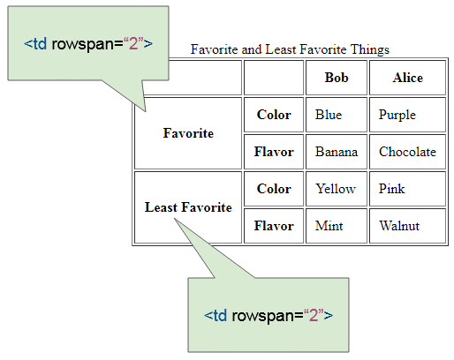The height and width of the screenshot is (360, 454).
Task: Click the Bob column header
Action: [x=337, y=78]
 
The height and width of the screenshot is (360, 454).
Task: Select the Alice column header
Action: [x=408, y=78]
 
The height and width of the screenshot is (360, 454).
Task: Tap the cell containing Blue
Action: [x=337, y=115]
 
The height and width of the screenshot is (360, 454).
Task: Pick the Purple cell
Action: [x=408, y=115]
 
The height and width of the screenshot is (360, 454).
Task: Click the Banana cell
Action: [x=337, y=152]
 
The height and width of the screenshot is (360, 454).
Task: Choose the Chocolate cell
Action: [x=408, y=152]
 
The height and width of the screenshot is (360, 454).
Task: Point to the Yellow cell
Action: [x=337, y=189]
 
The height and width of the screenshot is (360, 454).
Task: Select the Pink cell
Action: [x=408, y=189]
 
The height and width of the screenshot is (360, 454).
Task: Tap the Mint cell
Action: [x=337, y=226]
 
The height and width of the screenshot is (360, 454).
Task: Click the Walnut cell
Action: [x=408, y=226]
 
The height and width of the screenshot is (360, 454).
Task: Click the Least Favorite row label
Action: [x=188, y=207]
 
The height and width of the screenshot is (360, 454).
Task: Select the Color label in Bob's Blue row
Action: [x=274, y=115]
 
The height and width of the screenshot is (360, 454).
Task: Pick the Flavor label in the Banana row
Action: [x=274, y=152]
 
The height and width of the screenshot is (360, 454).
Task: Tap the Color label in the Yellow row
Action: [x=274, y=189]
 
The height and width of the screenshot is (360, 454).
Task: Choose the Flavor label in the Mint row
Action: [x=274, y=226]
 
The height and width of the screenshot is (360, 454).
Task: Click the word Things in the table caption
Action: [x=370, y=49]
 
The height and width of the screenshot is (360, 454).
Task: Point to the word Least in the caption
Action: [x=280, y=49]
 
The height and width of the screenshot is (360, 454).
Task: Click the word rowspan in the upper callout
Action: [x=87, y=44]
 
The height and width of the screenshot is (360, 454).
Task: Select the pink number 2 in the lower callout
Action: [x=314, y=315]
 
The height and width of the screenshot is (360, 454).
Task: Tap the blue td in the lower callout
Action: [x=220, y=315]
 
